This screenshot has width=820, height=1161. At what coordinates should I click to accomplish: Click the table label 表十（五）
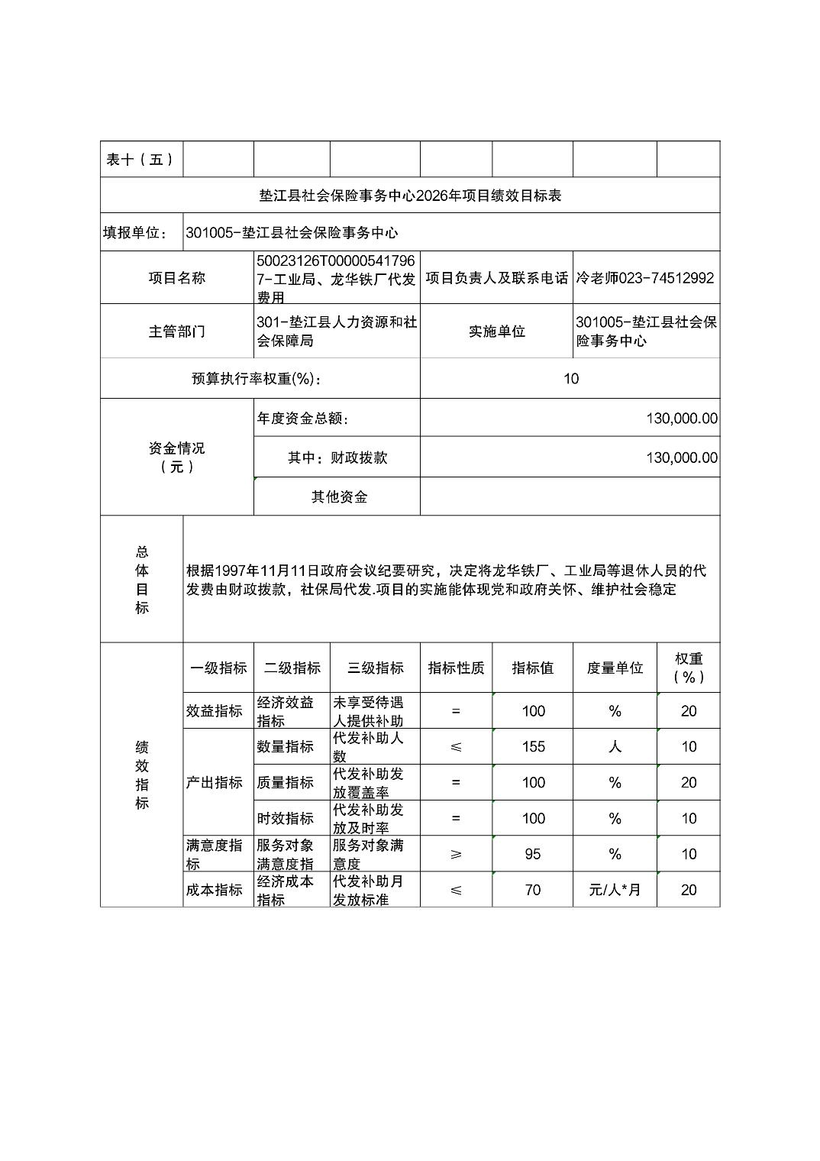140,160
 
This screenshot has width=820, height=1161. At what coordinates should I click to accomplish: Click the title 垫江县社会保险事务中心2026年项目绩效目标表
410,196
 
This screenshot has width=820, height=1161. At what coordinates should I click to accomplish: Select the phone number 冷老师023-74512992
645,278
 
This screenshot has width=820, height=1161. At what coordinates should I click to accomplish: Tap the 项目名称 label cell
176,278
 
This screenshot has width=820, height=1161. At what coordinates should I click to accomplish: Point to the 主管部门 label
176,331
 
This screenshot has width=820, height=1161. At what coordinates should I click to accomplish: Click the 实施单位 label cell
496,331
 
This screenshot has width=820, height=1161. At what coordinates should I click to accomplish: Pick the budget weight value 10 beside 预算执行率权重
570,379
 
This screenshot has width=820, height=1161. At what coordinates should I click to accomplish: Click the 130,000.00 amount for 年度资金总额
681,419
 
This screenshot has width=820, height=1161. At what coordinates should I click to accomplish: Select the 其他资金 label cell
339,497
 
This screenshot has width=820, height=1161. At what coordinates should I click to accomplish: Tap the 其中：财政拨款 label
337,458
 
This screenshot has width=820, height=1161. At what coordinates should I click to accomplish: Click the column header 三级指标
375,668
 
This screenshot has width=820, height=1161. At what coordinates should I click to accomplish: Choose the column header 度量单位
615,668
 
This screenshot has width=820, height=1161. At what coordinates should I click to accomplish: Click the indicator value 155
533,747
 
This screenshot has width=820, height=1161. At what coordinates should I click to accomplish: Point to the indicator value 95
533,854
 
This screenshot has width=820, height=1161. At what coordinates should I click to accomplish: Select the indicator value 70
533,890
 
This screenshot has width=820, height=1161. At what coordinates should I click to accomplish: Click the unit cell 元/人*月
615,890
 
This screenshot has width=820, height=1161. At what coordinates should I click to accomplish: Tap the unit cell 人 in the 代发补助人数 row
615,747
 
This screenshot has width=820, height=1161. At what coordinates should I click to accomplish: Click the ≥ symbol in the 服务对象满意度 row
456,854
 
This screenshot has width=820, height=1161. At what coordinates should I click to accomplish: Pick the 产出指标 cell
215,783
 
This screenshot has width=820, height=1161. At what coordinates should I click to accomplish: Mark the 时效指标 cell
285,819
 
